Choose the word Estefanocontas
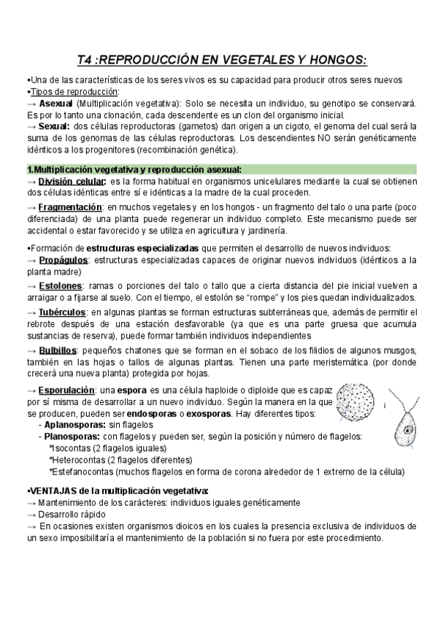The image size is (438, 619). (87, 472)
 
